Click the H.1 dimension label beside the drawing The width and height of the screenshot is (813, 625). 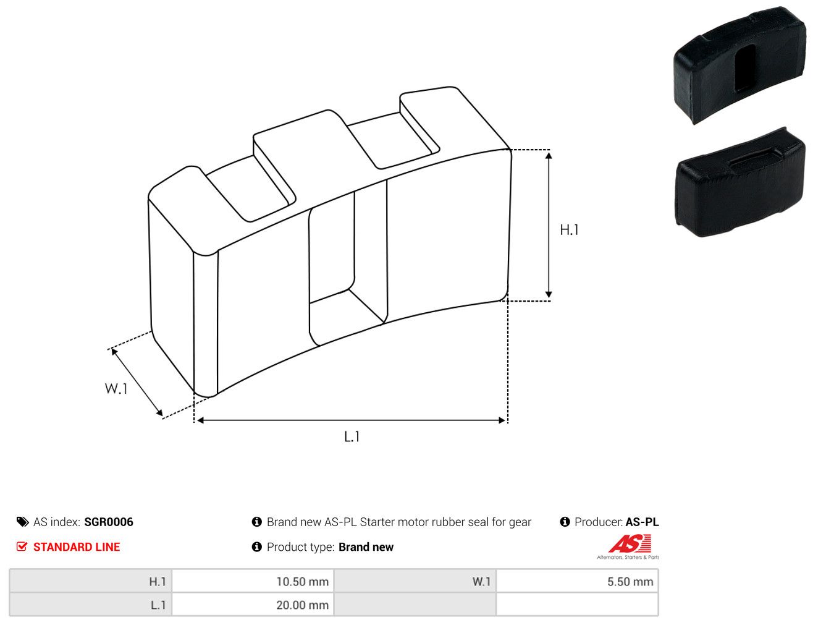pyautogui.click(x=569, y=230)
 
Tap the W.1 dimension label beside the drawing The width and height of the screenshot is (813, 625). pyautogui.click(x=116, y=388)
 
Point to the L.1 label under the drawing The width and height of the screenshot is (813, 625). pyautogui.click(x=352, y=436)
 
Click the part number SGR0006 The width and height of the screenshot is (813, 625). pyautogui.click(x=109, y=522)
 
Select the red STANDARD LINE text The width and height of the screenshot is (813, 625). pyautogui.click(x=77, y=546)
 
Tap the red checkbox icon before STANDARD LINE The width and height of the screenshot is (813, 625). pyautogui.click(x=22, y=546)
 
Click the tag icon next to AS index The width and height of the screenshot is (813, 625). pyautogui.click(x=22, y=522)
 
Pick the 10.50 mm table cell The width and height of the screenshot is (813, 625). pyautogui.click(x=253, y=581)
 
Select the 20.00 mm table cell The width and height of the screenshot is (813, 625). pyautogui.click(x=253, y=605)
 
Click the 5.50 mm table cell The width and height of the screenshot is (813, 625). pyautogui.click(x=576, y=581)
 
